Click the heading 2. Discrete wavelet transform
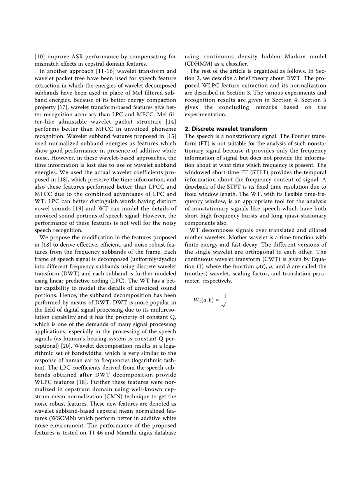226,129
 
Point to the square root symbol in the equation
225,305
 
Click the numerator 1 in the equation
225,296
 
